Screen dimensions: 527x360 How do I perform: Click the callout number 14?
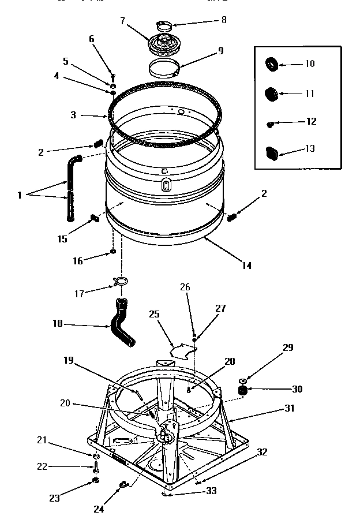coord(246,266)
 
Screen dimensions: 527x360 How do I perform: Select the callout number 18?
coord(58,324)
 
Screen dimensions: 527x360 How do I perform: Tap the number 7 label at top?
coord(122,20)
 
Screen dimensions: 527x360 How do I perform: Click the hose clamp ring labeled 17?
coord(120,281)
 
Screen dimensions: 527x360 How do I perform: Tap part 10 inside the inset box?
coord(271,63)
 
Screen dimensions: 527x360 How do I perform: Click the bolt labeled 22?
coord(95,467)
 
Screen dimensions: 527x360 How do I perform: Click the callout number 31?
coord(289,408)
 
